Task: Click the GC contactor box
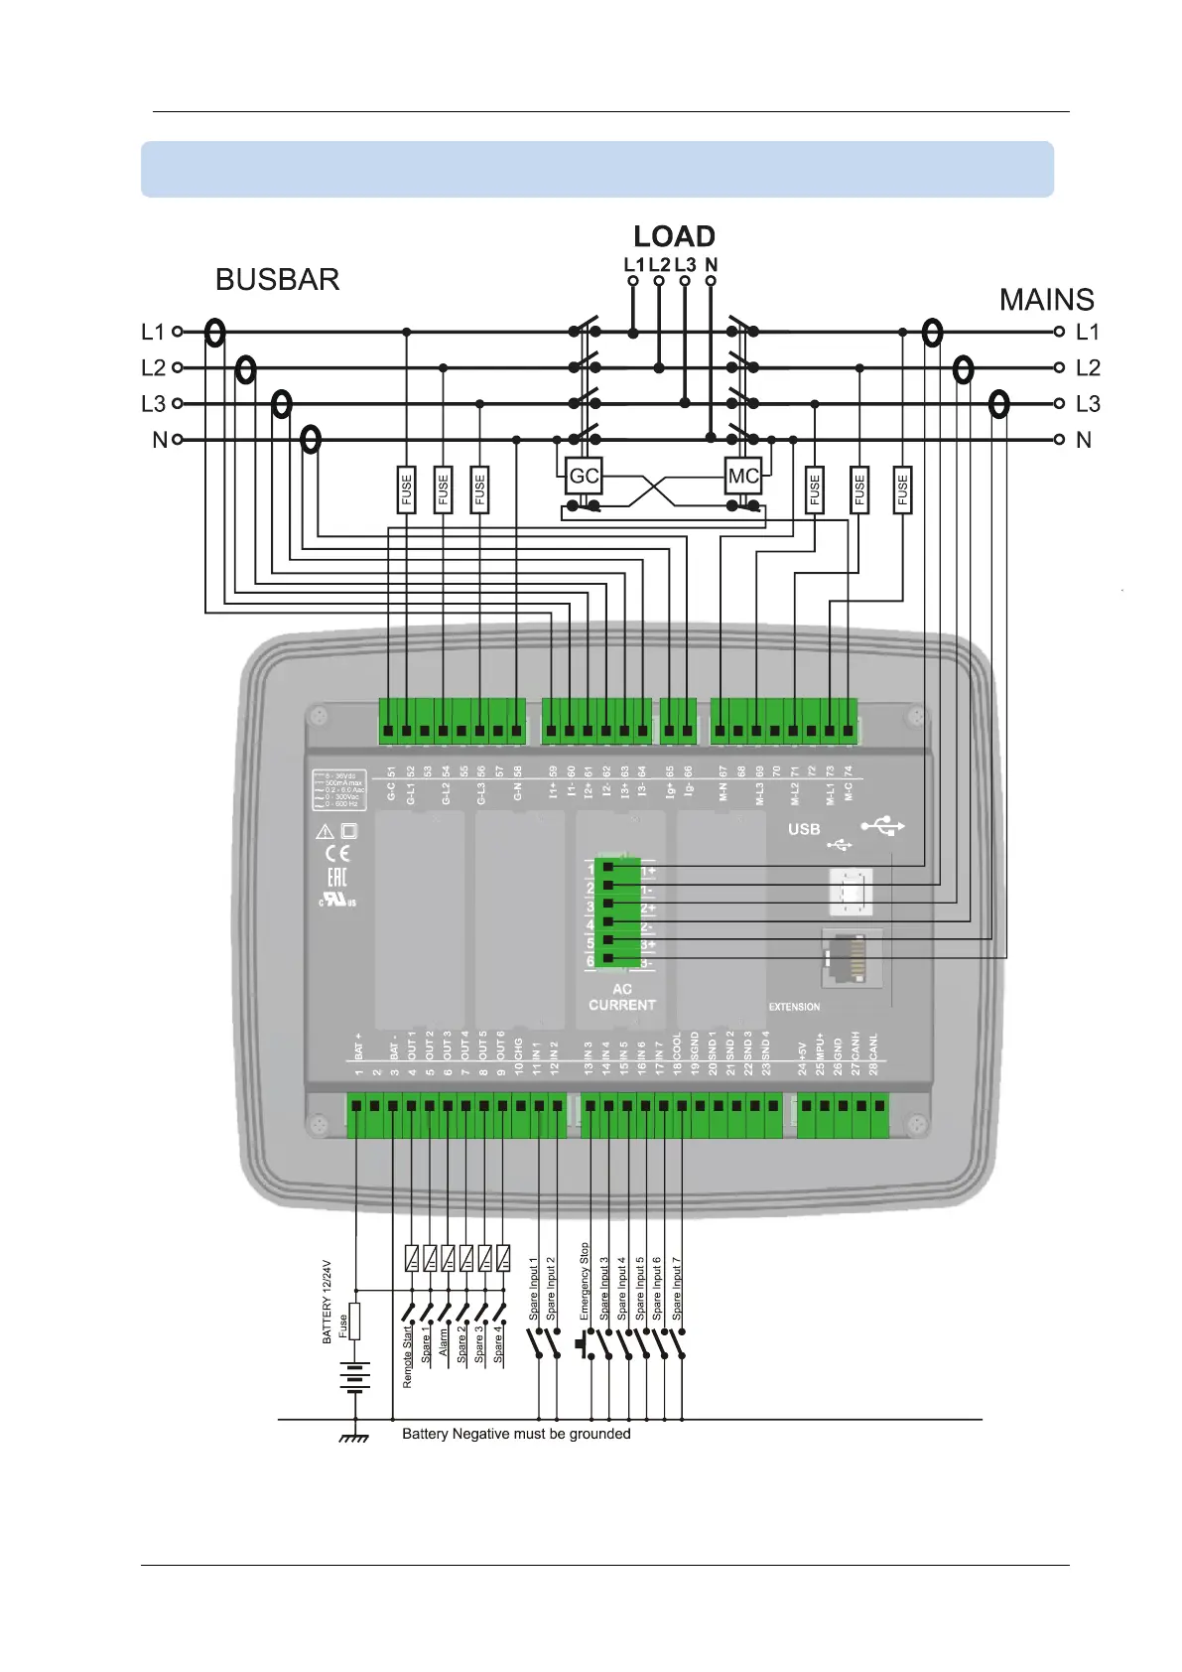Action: point(584,476)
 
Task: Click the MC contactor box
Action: point(743,476)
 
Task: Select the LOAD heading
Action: point(674,236)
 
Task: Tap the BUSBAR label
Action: point(277,280)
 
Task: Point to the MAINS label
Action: point(1046,300)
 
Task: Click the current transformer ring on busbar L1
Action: point(214,333)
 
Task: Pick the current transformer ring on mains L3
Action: point(999,404)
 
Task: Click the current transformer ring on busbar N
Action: point(311,439)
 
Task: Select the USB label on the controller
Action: point(804,829)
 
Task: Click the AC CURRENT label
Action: point(622,997)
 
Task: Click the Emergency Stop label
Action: point(585,1281)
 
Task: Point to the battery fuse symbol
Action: point(354,1322)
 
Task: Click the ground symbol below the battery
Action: point(354,1437)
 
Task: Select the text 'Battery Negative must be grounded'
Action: point(516,1434)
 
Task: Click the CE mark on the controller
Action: point(337,854)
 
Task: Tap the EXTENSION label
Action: point(794,1007)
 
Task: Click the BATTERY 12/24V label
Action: point(327,1302)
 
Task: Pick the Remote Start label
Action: point(408,1356)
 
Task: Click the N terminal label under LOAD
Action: point(711,265)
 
